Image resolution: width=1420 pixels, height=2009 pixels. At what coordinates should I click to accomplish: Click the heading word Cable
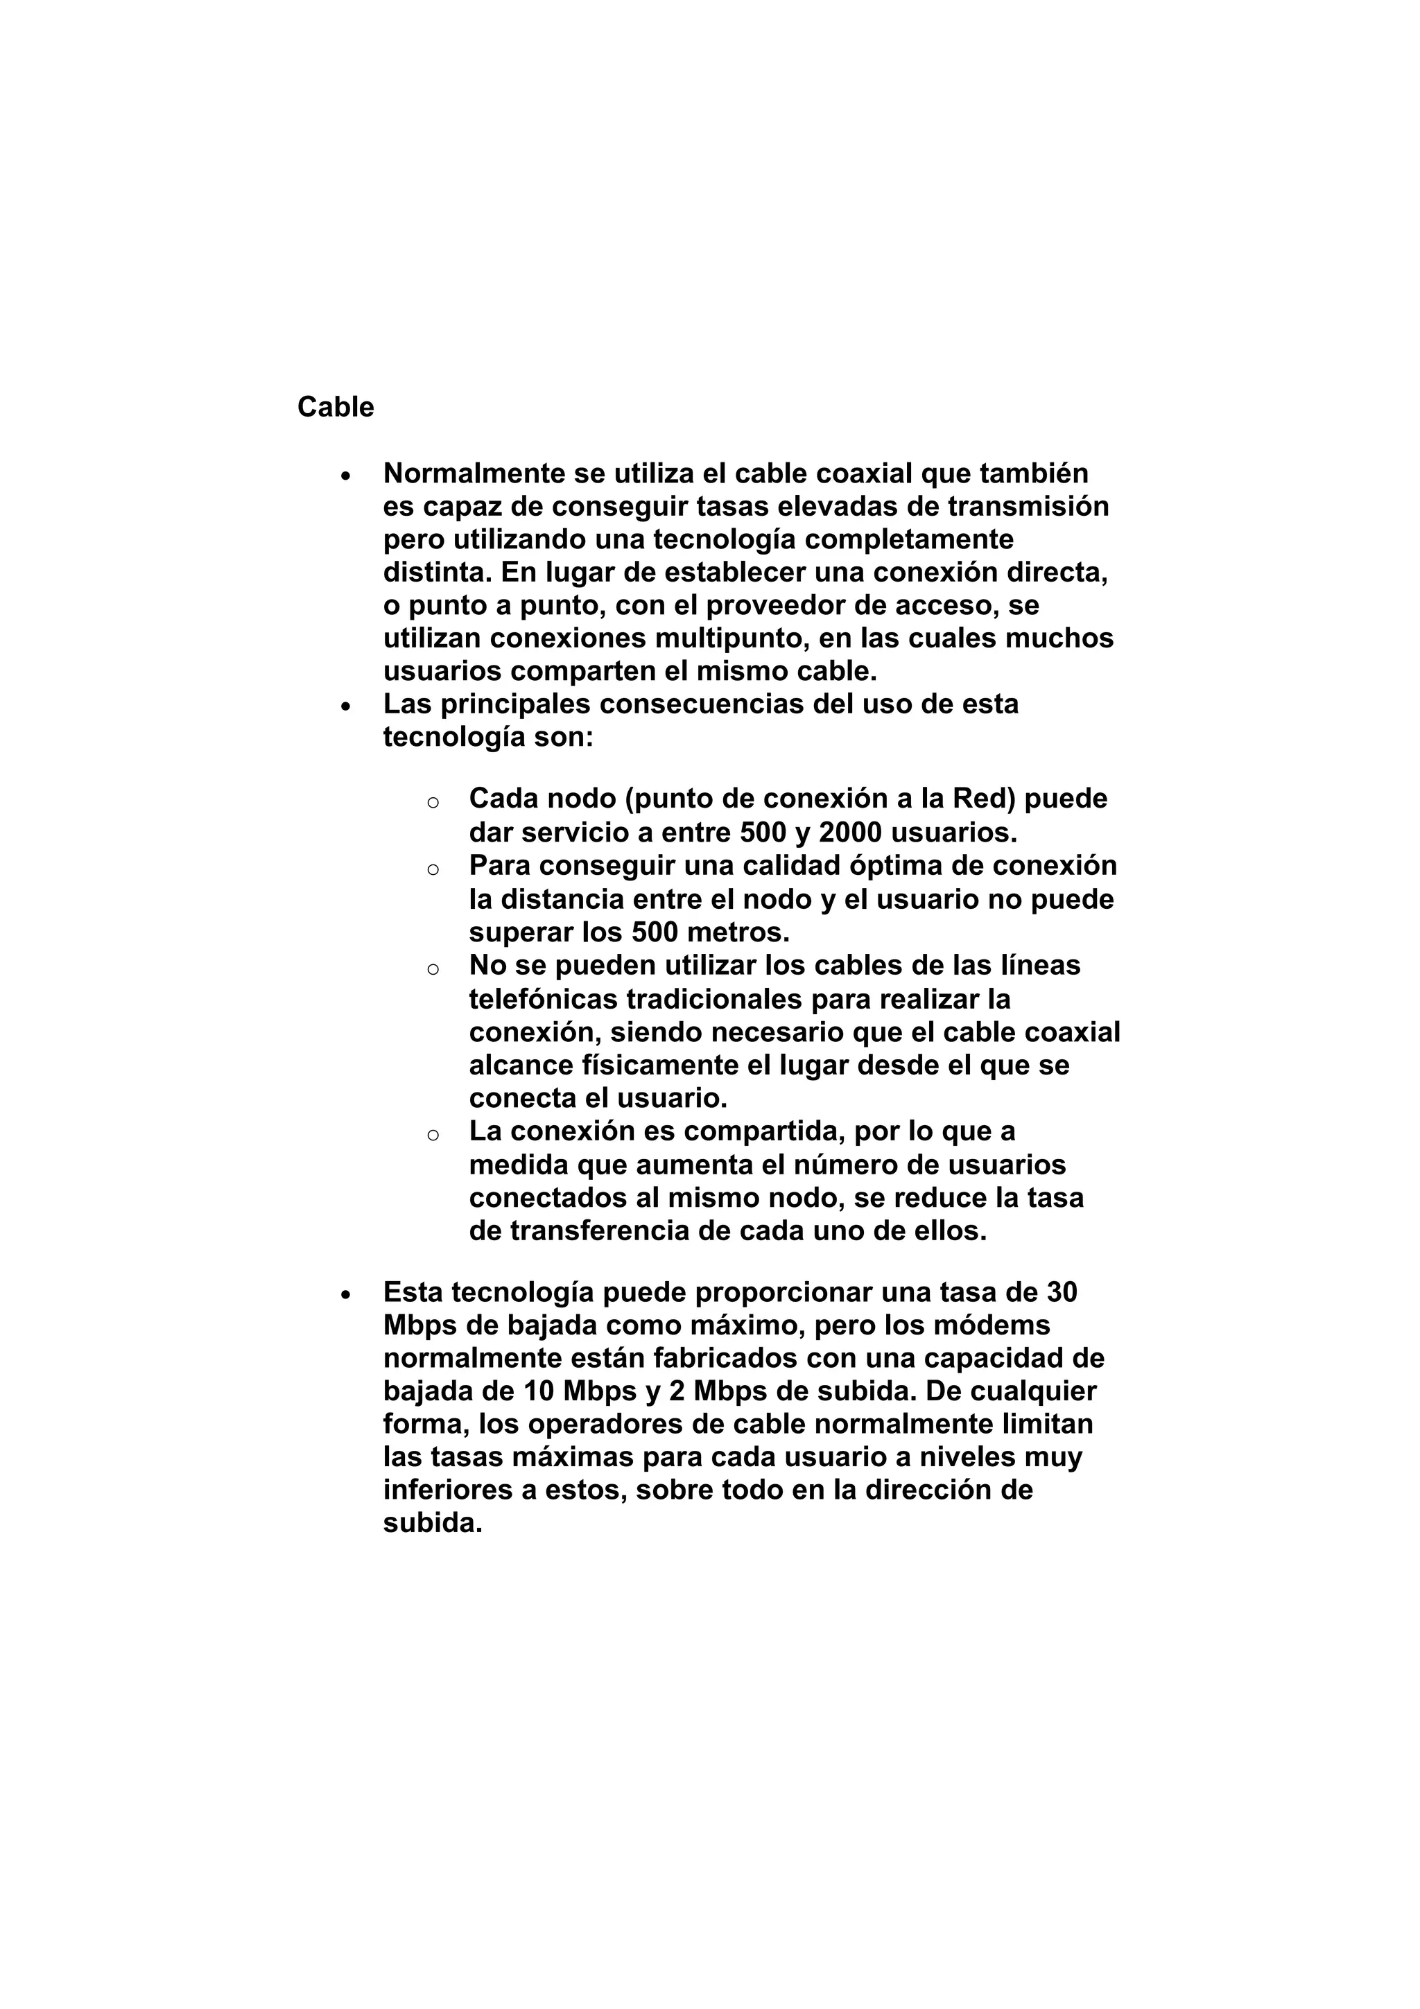[x=335, y=407]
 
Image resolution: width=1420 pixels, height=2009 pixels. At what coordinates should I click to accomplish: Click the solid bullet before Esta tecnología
[x=347, y=1295]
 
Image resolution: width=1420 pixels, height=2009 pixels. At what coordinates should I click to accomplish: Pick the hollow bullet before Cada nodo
[x=432, y=801]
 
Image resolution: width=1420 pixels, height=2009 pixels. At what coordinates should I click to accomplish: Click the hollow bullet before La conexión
[x=432, y=1135]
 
